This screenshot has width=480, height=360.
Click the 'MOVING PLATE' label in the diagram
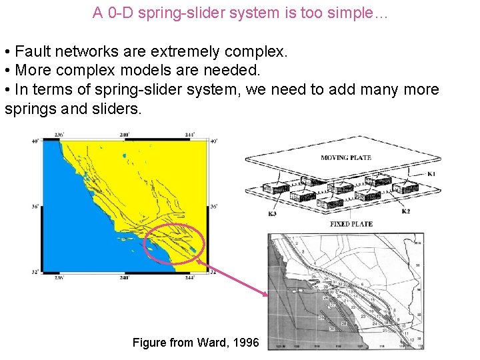(x=346, y=158)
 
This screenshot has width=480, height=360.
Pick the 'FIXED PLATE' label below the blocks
(x=351, y=224)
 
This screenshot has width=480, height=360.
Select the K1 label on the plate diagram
(x=431, y=174)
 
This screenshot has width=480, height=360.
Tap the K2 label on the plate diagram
(x=406, y=211)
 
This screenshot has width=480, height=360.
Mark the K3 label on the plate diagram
(x=272, y=214)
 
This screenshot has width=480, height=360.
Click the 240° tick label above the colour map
(x=123, y=135)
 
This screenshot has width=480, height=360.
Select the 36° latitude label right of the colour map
(x=213, y=207)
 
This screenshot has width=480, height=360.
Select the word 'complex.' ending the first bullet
(x=261, y=52)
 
